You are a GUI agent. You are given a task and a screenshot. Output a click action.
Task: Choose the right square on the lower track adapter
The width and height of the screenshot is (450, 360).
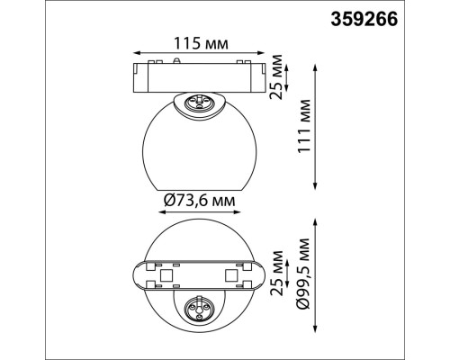pos(231,271)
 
